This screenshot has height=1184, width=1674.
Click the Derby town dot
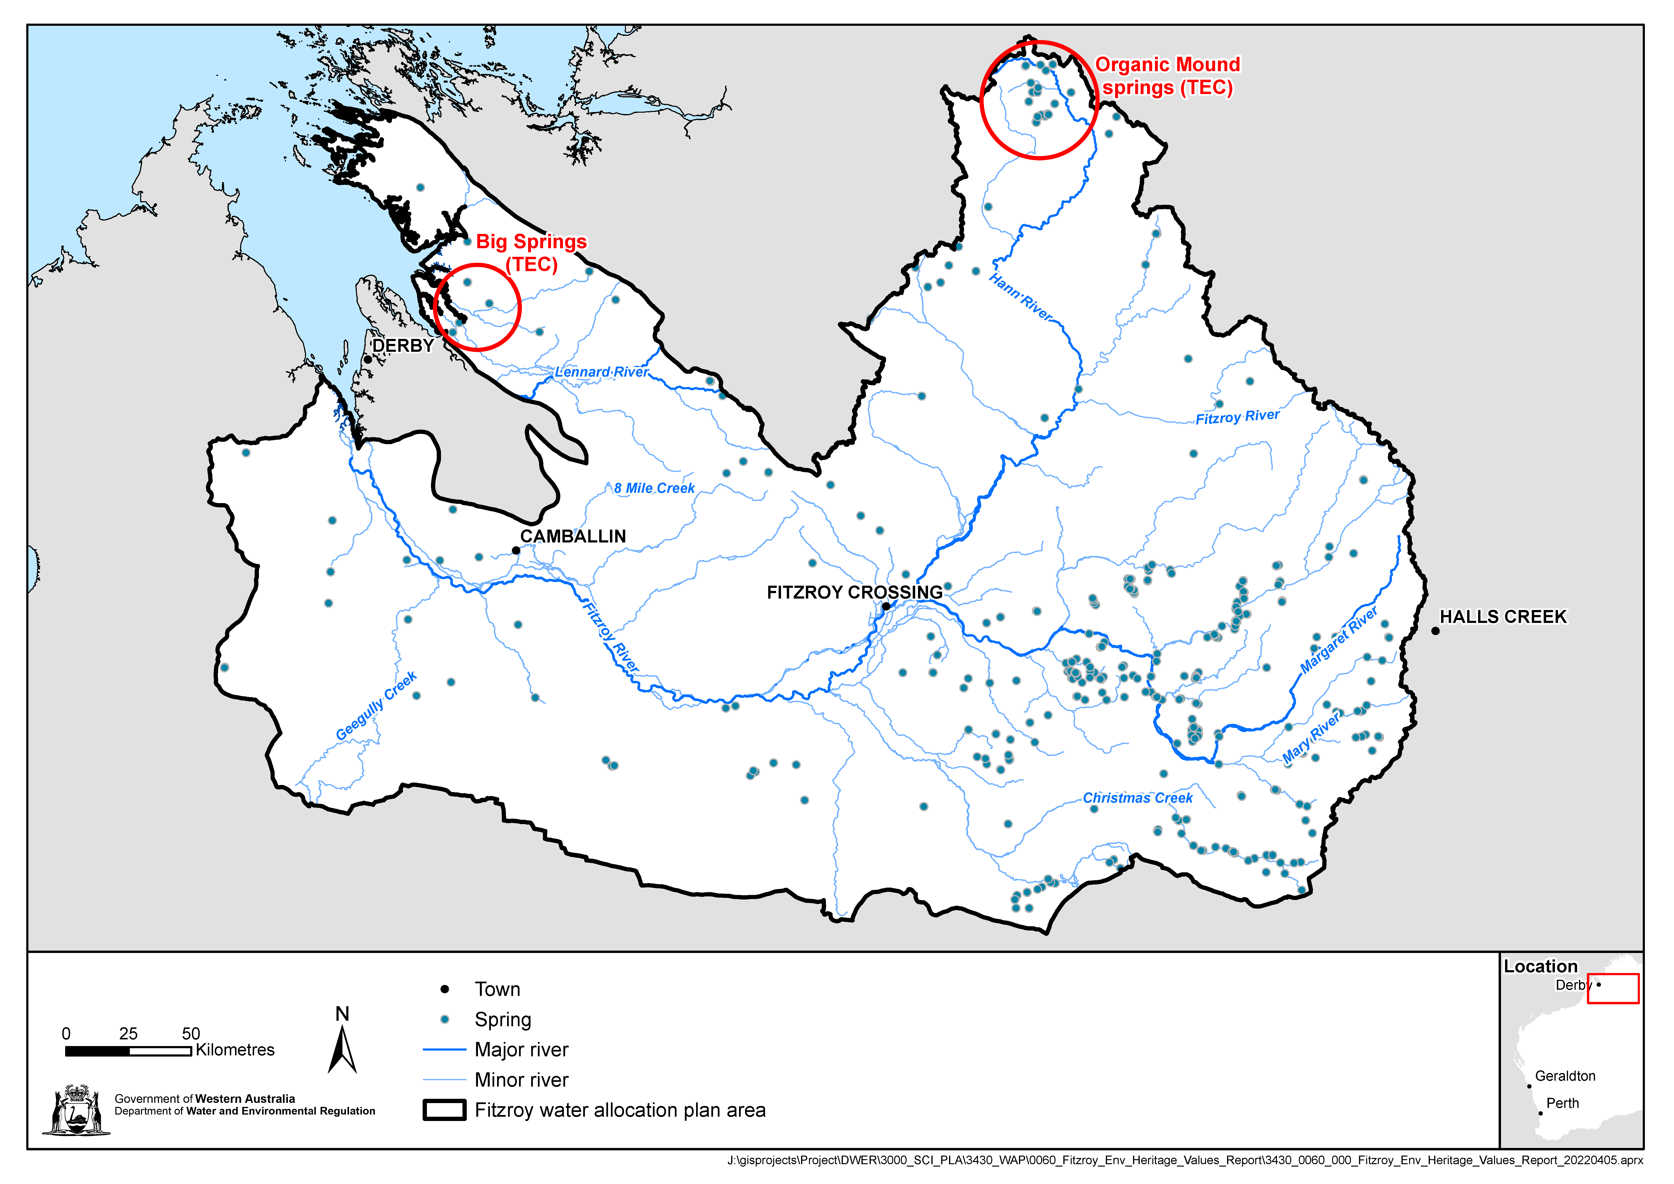[x=368, y=359]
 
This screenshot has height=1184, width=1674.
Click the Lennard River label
[x=602, y=372]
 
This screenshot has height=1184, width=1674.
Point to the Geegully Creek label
[x=376, y=706]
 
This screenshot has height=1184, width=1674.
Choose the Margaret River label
[x=1339, y=639]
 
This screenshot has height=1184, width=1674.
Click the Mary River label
[x=1311, y=739]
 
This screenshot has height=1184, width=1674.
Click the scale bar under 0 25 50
[x=128, y=1051]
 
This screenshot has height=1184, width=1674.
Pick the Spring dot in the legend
[x=445, y=1019]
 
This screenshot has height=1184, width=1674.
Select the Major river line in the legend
[x=444, y=1050]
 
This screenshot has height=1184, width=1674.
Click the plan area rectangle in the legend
[x=444, y=1110]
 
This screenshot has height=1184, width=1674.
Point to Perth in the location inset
[x=1541, y=1113]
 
